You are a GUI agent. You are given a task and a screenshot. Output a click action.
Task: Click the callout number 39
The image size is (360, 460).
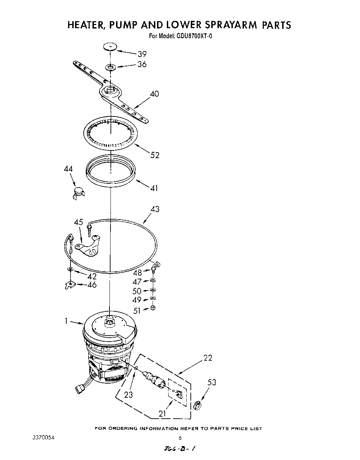(x=142, y=54)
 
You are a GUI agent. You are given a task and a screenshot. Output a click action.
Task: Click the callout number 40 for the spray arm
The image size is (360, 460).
(x=154, y=94)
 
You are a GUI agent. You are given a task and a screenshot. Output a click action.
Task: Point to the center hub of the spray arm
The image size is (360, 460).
(x=110, y=90)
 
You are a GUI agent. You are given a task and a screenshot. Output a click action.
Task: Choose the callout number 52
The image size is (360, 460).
(x=155, y=155)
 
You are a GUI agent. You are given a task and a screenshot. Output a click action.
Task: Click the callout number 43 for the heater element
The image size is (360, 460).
(x=155, y=209)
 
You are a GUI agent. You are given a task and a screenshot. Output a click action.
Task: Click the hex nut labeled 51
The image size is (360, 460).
(x=154, y=308)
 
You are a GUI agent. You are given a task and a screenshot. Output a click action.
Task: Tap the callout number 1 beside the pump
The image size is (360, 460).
(x=66, y=321)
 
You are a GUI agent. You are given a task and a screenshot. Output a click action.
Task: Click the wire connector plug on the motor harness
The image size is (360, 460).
(x=79, y=387)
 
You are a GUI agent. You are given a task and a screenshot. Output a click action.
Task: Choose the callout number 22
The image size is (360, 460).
(x=207, y=358)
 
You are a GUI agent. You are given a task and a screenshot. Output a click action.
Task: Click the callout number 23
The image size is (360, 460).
(x=129, y=395)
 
